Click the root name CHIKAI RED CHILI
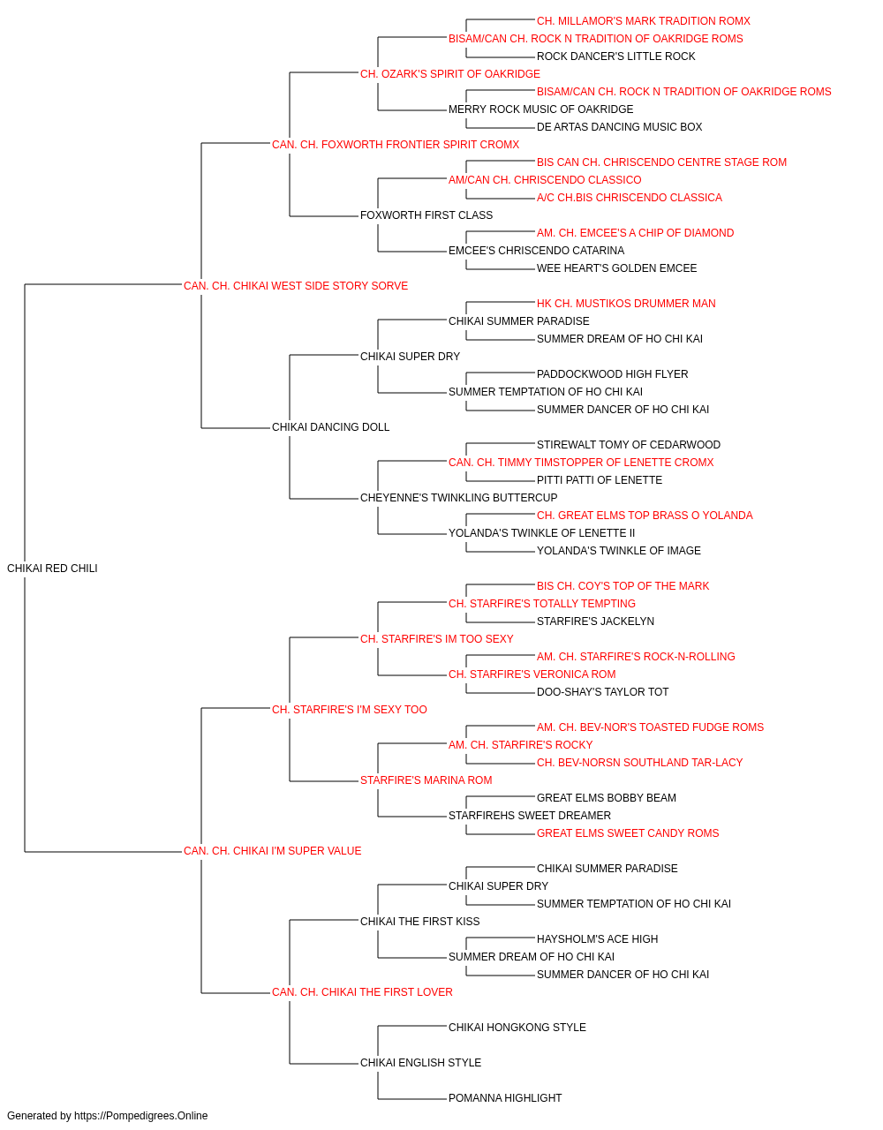click(x=52, y=568)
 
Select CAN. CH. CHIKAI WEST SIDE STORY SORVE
click(x=296, y=285)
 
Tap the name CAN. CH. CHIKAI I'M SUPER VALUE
click(x=272, y=850)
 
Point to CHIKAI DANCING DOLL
click(x=330, y=427)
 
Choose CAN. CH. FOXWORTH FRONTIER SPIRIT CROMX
click(x=396, y=145)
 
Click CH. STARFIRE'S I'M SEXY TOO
click(x=349, y=709)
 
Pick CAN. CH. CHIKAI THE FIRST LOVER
click(x=362, y=991)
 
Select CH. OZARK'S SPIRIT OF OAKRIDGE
click(x=449, y=74)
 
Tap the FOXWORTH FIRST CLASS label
click(x=426, y=215)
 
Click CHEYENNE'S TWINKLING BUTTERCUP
click(x=458, y=497)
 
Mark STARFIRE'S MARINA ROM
click(x=426, y=780)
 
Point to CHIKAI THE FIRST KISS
click(x=419, y=921)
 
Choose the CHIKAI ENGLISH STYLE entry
click(x=420, y=1062)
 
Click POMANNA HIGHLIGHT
click(x=505, y=1097)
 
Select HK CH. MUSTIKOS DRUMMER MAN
click(x=625, y=303)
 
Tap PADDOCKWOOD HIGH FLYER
click(x=612, y=374)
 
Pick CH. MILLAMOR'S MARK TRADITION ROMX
click(x=644, y=21)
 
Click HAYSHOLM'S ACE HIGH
click(x=597, y=938)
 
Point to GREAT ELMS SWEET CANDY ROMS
click(x=628, y=832)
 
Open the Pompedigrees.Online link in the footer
click(x=140, y=1116)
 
